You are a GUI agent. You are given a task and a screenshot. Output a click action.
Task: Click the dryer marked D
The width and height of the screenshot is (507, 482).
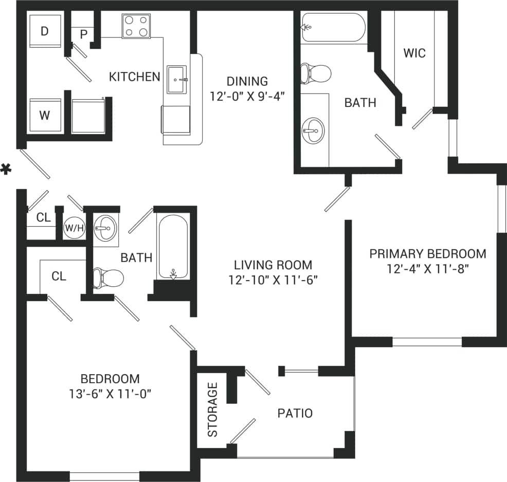(45, 31)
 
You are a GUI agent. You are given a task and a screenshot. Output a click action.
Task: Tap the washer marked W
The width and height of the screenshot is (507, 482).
(45, 115)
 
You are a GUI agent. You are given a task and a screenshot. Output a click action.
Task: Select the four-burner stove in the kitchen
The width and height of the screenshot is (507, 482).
(136, 26)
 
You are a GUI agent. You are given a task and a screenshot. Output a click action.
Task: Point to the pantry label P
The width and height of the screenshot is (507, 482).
(83, 35)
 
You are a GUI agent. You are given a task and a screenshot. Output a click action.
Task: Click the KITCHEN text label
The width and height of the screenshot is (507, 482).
(135, 77)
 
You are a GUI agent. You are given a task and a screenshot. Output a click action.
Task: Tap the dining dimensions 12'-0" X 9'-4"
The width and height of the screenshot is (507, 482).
(247, 96)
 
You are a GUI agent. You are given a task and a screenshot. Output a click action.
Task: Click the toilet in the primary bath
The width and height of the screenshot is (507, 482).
(315, 73)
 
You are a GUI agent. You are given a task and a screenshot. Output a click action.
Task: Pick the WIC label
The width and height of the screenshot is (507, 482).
(414, 53)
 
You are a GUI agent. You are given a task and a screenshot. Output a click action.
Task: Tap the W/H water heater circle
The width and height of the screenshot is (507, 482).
(74, 228)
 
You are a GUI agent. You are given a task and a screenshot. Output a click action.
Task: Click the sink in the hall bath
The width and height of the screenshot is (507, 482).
(106, 227)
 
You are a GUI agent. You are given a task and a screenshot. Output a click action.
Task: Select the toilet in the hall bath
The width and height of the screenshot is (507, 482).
(108, 278)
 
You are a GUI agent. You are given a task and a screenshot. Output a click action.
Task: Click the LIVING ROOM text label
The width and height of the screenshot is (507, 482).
(273, 265)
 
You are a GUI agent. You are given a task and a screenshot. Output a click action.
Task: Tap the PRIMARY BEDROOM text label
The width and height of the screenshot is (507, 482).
(428, 253)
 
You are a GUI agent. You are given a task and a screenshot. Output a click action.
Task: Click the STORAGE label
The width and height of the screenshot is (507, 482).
(212, 410)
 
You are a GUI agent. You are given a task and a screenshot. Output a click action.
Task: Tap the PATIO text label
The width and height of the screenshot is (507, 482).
(295, 413)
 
